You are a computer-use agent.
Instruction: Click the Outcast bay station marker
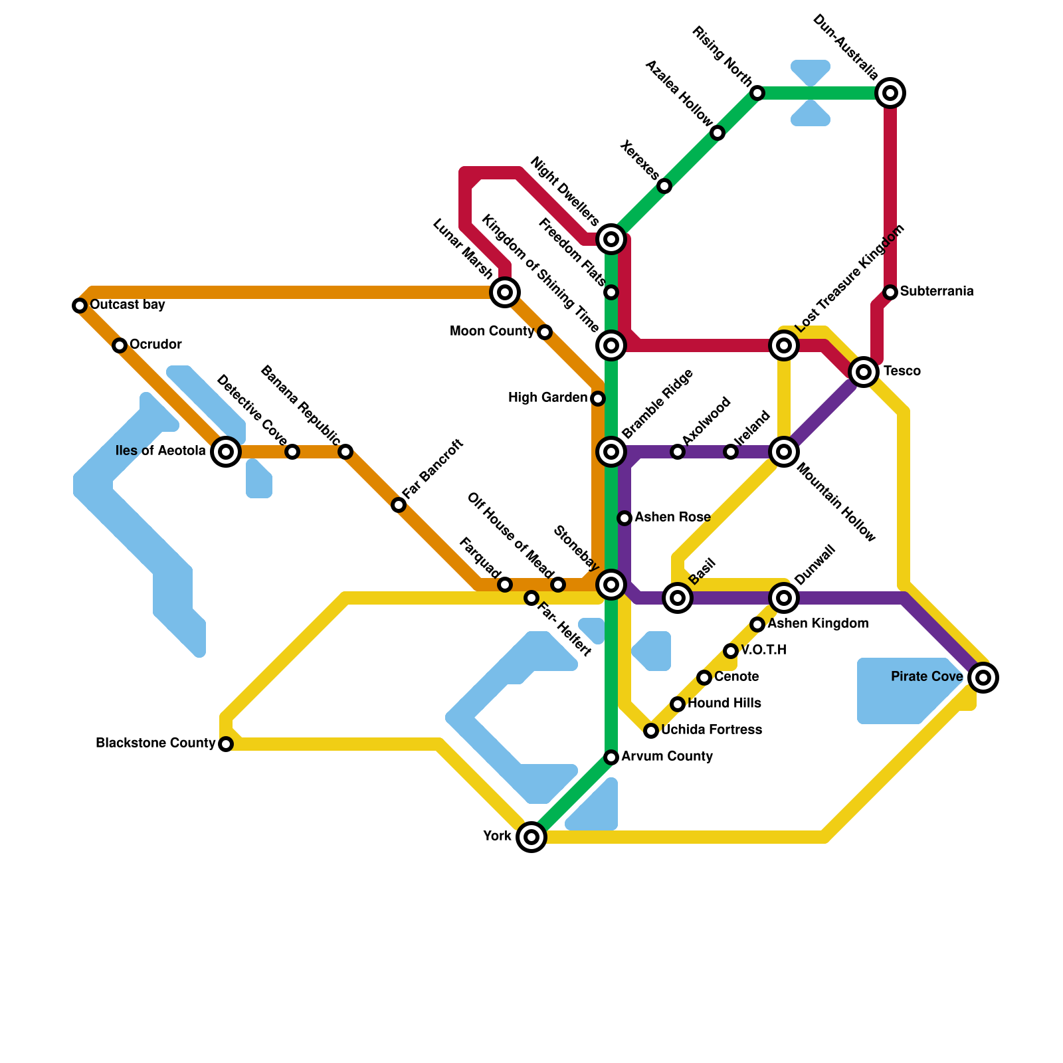coord(80,306)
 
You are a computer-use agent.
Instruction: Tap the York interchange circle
coord(531,836)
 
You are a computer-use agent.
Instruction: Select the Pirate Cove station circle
coord(984,678)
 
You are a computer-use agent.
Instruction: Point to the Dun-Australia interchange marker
coord(890,93)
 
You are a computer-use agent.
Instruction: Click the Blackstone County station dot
coord(226,744)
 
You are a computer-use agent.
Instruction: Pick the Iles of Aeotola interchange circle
coord(226,452)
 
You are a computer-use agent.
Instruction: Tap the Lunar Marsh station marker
coord(505,292)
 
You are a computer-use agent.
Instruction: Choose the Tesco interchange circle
coord(864,371)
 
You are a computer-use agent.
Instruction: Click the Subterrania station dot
coord(891,292)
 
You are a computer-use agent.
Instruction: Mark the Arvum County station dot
coord(612,757)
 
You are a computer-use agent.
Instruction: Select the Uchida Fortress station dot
coord(651,731)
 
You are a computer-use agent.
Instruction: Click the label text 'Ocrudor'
coord(155,344)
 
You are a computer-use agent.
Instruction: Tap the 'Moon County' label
coord(492,331)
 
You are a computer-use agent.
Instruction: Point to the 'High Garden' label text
coord(547,397)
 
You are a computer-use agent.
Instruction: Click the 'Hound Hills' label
coord(724,703)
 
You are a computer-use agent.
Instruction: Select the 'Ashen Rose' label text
coord(672,517)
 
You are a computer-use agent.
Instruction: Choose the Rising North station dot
coord(757,93)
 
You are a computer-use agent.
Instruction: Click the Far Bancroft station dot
coord(398,505)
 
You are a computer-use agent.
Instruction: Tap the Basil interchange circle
coord(678,598)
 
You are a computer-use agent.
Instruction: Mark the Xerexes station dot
coord(664,186)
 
